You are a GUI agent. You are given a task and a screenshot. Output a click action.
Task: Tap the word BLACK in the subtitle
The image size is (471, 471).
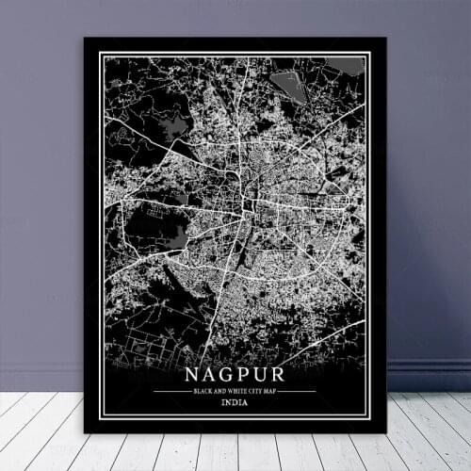pyautogui.click(x=203, y=390)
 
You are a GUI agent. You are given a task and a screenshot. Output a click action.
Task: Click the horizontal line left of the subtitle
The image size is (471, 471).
pyautogui.click(x=171, y=390)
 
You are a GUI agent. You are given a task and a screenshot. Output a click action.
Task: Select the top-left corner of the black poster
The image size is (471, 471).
pyautogui.click(x=85, y=39)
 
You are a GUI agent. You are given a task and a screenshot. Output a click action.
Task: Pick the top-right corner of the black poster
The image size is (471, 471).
pyautogui.click(x=386, y=39)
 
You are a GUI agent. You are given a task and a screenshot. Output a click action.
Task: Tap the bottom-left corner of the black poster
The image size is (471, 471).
pyautogui.click(x=85, y=432)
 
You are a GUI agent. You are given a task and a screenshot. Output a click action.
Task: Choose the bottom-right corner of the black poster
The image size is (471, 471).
pyautogui.click(x=386, y=432)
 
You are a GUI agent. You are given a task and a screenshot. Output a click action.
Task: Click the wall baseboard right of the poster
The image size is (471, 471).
pyautogui.click(x=429, y=376)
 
